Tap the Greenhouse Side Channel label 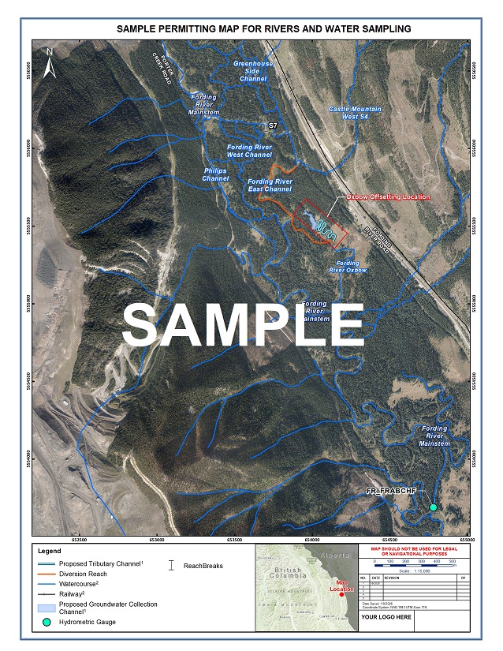pyautogui.click(x=253, y=71)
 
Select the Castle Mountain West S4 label pyautogui.click(x=355, y=113)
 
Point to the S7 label pyautogui.click(x=273, y=125)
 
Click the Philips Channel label pyautogui.click(x=215, y=174)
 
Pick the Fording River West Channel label pyautogui.click(x=250, y=151)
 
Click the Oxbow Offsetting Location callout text pyautogui.click(x=389, y=196)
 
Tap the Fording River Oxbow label pyautogui.click(x=348, y=267)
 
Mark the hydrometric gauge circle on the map pyautogui.click(x=433, y=507)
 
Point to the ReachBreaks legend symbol pyautogui.click(x=173, y=565)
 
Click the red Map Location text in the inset pyautogui.click(x=341, y=586)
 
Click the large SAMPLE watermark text pyautogui.click(x=244, y=324)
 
